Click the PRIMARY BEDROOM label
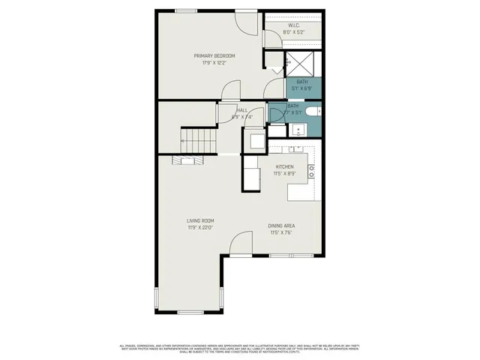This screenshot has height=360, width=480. [214, 56]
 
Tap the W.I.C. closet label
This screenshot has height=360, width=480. [293, 25]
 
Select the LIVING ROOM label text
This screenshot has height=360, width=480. [201, 220]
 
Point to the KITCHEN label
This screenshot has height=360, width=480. [285, 166]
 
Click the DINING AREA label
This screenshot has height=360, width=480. [280, 226]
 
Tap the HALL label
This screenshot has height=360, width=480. [242, 110]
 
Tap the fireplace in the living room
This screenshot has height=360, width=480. [187, 160]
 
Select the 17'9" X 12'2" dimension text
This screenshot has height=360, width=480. [214, 63]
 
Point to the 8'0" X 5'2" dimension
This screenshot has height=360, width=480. [293, 32]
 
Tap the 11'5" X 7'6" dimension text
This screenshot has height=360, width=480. [280, 232]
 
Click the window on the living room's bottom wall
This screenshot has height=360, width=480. [190, 310]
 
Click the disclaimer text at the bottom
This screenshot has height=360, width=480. [240, 348]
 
